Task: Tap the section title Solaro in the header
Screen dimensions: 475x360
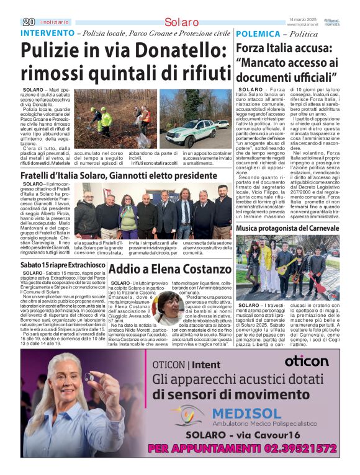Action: pyautogui.click(x=182, y=22)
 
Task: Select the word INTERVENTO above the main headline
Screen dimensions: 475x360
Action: pyautogui.click(x=47, y=32)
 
